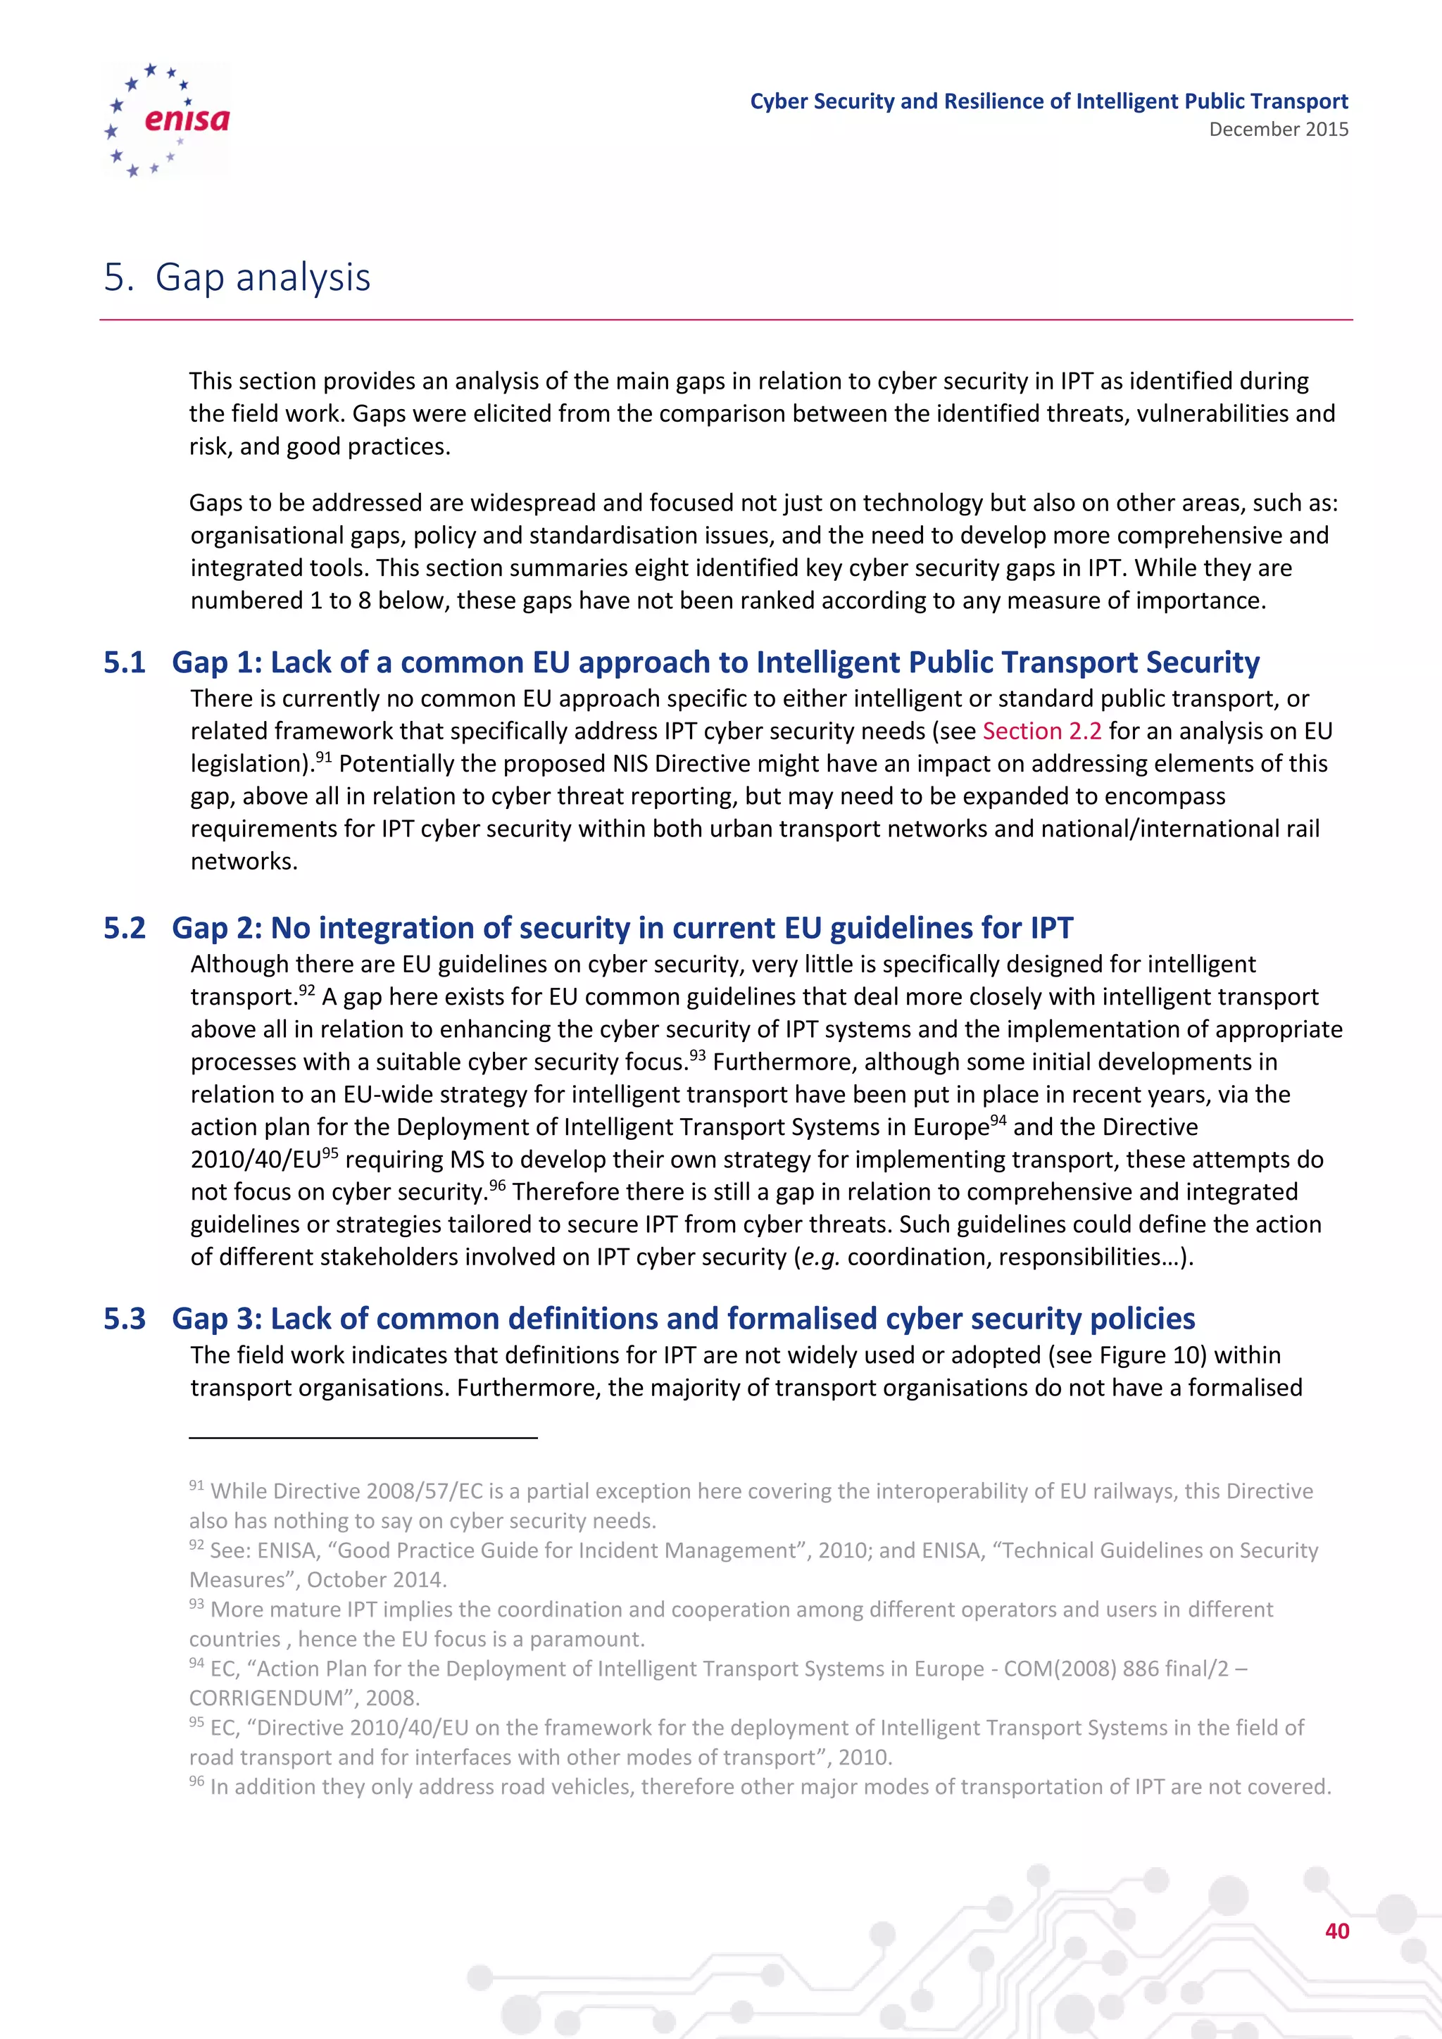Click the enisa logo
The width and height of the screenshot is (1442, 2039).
click(167, 119)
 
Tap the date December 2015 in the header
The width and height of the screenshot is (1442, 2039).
click(1278, 130)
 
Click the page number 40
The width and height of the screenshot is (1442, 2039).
click(1336, 1931)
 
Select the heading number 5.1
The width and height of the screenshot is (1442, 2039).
click(125, 663)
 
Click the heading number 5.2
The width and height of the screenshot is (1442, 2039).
click(125, 928)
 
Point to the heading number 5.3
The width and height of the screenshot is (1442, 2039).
click(125, 1319)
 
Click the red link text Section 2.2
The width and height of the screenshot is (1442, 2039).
click(1041, 731)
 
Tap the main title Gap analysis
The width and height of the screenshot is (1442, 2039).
click(262, 277)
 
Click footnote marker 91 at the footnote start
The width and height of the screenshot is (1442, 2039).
click(196, 1485)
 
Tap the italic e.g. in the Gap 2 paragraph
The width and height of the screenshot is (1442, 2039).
click(820, 1257)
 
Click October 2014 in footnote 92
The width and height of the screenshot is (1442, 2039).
click(375, 1580)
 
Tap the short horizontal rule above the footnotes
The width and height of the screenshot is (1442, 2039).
click(363, 1437)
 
